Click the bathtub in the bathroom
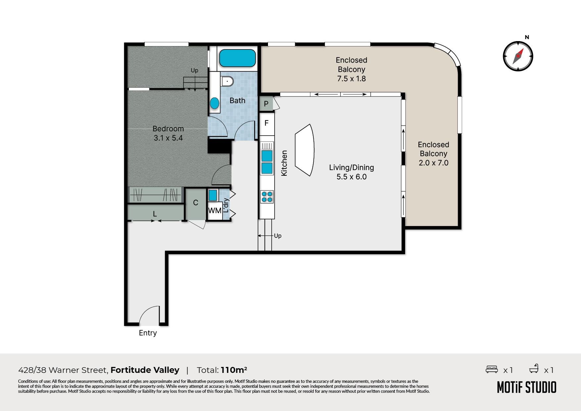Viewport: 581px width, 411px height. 238,58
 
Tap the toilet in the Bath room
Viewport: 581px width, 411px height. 227,81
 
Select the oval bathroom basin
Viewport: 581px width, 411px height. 215,103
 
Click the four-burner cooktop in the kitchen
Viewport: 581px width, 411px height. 267,197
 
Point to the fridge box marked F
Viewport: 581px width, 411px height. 266,123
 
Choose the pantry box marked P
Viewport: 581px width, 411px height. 266,104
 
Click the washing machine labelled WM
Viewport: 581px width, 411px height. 215,210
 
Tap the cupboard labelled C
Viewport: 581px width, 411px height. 195,203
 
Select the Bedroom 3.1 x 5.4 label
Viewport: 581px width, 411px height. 168,133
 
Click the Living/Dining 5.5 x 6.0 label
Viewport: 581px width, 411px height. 351,172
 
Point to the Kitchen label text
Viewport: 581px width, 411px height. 284,163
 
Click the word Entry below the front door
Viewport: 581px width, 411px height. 148,333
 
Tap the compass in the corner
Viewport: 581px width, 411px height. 518,56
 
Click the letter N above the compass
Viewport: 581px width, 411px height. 527,37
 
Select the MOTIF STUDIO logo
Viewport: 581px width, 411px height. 527,387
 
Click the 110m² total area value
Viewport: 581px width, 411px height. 234,370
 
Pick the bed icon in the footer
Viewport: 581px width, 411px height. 492,369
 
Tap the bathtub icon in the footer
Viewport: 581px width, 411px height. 534,369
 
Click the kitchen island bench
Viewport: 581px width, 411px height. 304,150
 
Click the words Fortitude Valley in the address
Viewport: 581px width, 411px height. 145,370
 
